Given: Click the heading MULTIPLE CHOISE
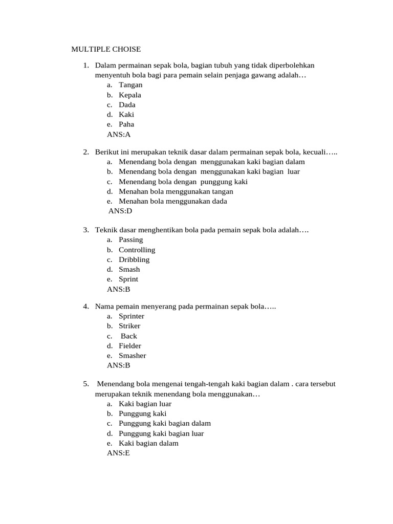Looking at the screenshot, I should [105, 50].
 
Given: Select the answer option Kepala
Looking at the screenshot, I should [130, 95].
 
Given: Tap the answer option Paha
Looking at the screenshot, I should [126, 124].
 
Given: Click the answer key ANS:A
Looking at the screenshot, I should [119, 135].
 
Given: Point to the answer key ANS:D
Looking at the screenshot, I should [121, 211].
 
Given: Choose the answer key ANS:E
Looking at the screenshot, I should [118, 453].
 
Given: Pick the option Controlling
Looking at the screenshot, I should [137, 250].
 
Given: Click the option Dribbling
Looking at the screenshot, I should [134, 259].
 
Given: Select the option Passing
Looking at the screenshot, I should [131, 239].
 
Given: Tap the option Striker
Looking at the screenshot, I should [129, 326].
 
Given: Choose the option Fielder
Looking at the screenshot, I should [130, 346].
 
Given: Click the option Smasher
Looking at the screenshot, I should [133, 356].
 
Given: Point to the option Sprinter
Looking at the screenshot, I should [132, 316].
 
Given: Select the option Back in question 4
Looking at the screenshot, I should [129, 336].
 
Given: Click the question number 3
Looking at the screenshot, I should [86, 230].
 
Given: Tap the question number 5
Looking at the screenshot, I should [86, 384].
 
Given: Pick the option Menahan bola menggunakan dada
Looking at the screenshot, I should [173, 201].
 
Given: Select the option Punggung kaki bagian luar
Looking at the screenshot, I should [161, 433].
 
